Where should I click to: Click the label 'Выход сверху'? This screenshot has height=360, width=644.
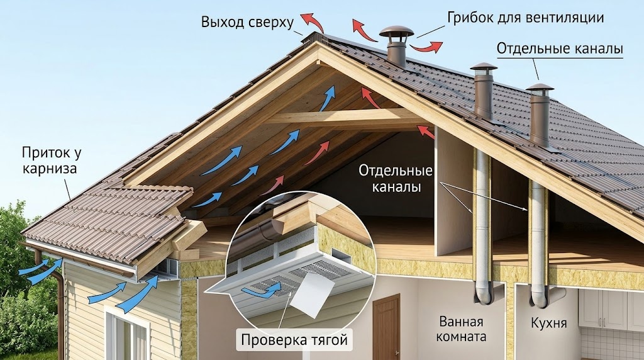click(247, 22)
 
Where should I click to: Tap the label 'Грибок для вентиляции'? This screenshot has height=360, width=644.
click(525, 18)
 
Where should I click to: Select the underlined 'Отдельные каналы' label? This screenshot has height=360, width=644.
click(560, 48)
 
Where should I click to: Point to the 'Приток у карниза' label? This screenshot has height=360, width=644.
click(51, 160)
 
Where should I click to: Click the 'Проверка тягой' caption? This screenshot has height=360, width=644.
click(294, 340)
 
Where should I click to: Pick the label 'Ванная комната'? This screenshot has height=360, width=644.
click(461, 329)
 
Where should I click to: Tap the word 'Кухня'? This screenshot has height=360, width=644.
click(548, 323)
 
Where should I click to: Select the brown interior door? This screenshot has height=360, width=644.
click(386, 327)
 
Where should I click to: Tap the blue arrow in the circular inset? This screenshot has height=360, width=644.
click(261, 291)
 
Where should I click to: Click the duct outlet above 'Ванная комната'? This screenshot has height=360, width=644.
click(484, 293)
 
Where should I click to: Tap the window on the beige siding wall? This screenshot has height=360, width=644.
click(127, 335)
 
